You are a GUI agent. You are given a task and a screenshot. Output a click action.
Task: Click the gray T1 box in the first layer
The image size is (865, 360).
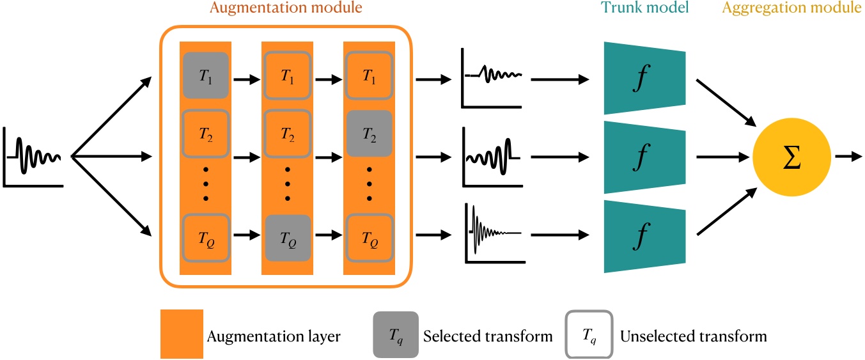coord(205,75)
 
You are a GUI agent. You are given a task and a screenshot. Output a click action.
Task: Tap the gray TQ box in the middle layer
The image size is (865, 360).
coord(287,237)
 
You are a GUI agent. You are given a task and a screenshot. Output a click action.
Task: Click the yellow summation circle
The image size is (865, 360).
coord(791,156)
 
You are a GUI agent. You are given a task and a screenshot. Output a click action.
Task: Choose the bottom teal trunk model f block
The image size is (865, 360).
coord(644,235)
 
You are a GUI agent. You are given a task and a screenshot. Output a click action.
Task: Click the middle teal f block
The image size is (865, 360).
coord(644,157)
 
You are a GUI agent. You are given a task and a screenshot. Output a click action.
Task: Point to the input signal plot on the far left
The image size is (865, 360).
coord(33,157)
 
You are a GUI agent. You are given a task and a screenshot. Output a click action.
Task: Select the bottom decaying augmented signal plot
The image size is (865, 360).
coord(494,234)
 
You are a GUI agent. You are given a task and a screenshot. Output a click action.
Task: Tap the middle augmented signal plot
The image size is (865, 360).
coord(494,156)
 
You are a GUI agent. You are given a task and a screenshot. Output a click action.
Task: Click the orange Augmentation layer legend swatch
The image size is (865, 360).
coord(182,334)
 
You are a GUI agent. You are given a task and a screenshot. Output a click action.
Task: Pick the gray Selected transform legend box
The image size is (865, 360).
coord(396,334)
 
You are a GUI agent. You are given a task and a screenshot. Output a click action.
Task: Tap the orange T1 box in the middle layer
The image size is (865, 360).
coord(287,75)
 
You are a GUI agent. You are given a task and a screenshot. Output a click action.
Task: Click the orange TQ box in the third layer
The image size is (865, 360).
coord(369,237)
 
